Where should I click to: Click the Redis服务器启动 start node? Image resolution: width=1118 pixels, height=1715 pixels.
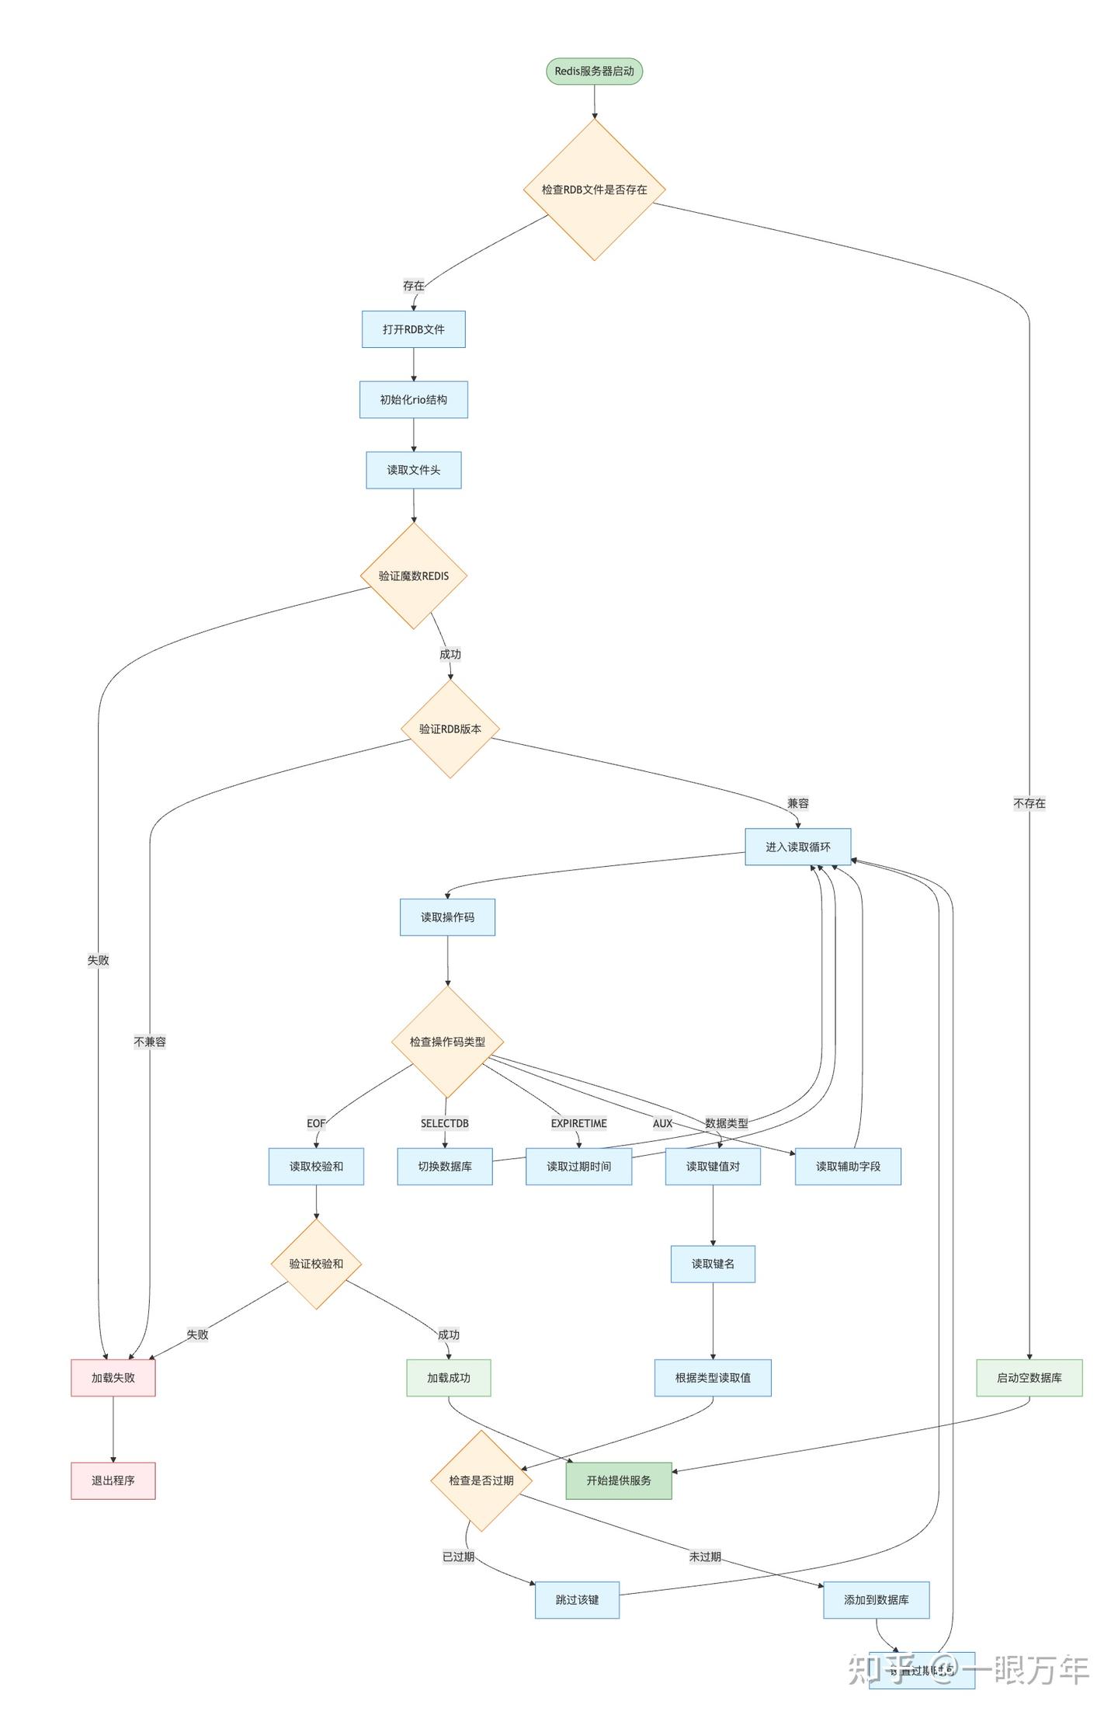pos(594,71)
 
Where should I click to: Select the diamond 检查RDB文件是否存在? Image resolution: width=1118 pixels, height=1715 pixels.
pos(594,190)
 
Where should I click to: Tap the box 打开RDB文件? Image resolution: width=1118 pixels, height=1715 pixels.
pos(413,329)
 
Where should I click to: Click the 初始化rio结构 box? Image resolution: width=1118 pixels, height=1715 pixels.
pos(413,399)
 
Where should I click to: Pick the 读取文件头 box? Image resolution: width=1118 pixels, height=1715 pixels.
pos(413,470)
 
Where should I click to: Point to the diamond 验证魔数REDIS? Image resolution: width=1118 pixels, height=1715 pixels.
pos(413,576)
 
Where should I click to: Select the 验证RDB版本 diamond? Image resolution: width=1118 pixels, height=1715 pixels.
pos(450,729)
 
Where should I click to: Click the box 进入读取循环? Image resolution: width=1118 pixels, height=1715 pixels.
pos(797,847)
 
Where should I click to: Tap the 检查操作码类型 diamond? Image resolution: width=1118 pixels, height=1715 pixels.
pos(447,1042)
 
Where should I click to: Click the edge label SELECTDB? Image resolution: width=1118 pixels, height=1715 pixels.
pos(445,1123)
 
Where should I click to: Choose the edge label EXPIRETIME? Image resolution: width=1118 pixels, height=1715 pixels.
pos(579,1123)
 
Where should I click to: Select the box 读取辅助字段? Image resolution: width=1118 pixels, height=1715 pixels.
pos(848,1166)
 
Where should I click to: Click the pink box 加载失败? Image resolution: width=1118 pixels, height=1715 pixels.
pos(113,1377)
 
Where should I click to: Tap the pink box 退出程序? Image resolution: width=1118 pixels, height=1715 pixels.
pos(113,1480)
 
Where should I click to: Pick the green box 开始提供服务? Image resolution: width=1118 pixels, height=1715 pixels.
pos(619,1480)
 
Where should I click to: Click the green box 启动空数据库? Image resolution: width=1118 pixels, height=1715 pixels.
pos(1029,1377)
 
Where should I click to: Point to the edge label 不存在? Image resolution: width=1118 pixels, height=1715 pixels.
pos(1029,803)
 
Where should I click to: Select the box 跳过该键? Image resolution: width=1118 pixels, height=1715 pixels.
pos(577,1599)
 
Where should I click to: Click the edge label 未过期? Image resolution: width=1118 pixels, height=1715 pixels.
pos(705,1557)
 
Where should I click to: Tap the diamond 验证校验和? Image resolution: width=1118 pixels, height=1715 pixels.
pos(316,1264)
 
